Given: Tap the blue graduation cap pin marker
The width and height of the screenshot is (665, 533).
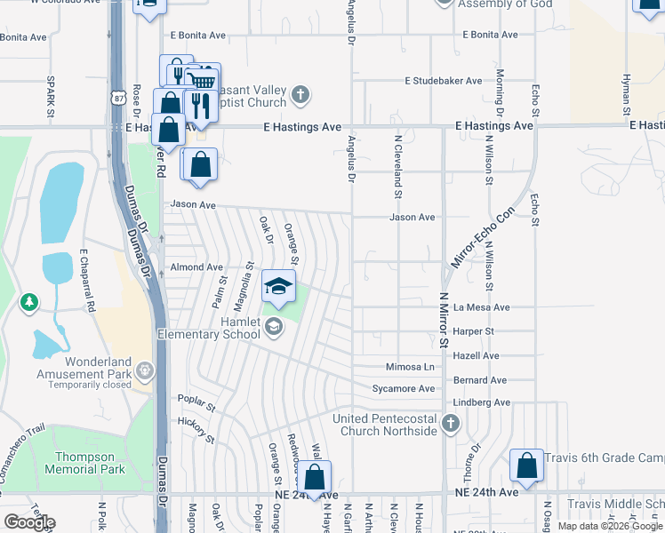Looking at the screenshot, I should tap(278, 287).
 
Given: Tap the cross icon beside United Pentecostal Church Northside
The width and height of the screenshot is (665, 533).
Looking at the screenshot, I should tap(452, 424).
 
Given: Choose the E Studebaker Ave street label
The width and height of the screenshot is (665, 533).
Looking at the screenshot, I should tap(444, 81).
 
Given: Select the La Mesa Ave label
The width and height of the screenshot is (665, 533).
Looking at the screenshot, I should tap(481, 307).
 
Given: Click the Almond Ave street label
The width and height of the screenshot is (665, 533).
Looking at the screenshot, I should tap(196, 266).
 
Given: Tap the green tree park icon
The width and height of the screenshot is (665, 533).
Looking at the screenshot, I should tap(29, 303).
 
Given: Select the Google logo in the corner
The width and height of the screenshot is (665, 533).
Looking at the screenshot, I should tap(29, 522).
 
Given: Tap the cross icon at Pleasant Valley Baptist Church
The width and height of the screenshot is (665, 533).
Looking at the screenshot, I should tap(301, 94).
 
